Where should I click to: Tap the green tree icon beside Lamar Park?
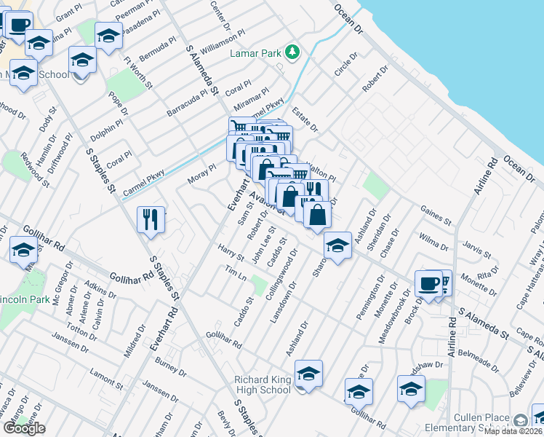(292, 52)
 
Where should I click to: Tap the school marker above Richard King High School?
(308, 374)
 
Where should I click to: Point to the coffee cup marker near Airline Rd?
(428, 283)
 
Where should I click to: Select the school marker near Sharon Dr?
(337, 245)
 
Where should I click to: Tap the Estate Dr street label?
(305, 119)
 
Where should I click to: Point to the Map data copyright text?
(513, 431)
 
